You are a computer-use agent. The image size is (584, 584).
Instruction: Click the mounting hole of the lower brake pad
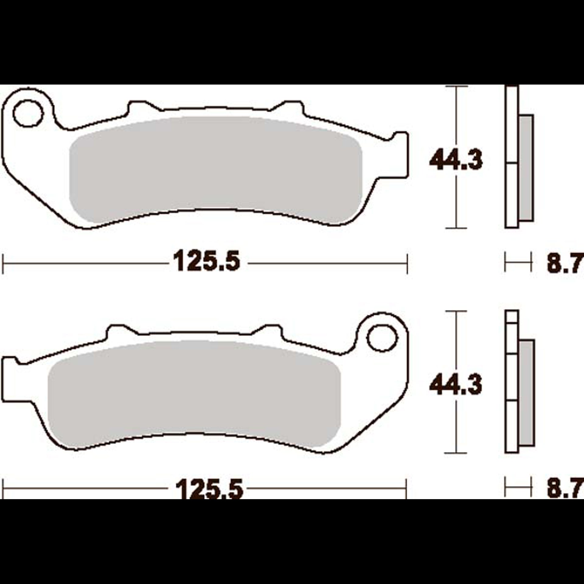tap(382, 338)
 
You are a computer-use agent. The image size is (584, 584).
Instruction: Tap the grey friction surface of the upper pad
tap(216, 170)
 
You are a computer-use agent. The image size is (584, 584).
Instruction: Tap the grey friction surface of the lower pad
tap(194, 396)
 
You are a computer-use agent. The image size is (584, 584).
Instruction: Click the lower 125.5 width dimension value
tap(210, 489)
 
